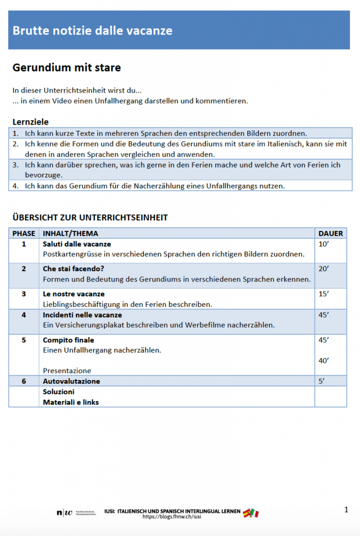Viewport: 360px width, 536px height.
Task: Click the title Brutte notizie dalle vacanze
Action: (x=92, y=31)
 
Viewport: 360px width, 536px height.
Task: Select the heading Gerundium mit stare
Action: (x=66, y=68)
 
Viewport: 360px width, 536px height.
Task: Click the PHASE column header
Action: (x=24, y=233)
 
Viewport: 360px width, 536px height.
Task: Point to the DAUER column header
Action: (x=331, y=233)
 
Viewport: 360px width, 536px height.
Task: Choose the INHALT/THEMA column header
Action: (x=70, y=233)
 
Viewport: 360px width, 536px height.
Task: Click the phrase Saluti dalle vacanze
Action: (x=77, y=244)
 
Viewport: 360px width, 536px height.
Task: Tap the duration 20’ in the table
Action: (x=324, y=269)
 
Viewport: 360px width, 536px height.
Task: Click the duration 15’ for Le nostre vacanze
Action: (x=324, y=294)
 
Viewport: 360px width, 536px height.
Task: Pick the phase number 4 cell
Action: (x=24, y=315)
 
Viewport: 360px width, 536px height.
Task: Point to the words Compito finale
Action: (x=69, y=340)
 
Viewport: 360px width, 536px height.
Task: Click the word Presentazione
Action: (x=67, y=371)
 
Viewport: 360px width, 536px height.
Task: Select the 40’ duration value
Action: (x=324, y=360)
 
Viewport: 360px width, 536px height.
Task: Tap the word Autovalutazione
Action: (x=71, y=381)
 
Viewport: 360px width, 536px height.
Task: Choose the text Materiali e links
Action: (x=71, y=402)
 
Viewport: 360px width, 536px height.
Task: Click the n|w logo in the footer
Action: (x=64, y=512)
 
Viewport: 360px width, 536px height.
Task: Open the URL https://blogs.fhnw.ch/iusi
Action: (x=172, y=517)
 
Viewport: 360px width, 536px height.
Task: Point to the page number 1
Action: (x=346, y=509)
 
